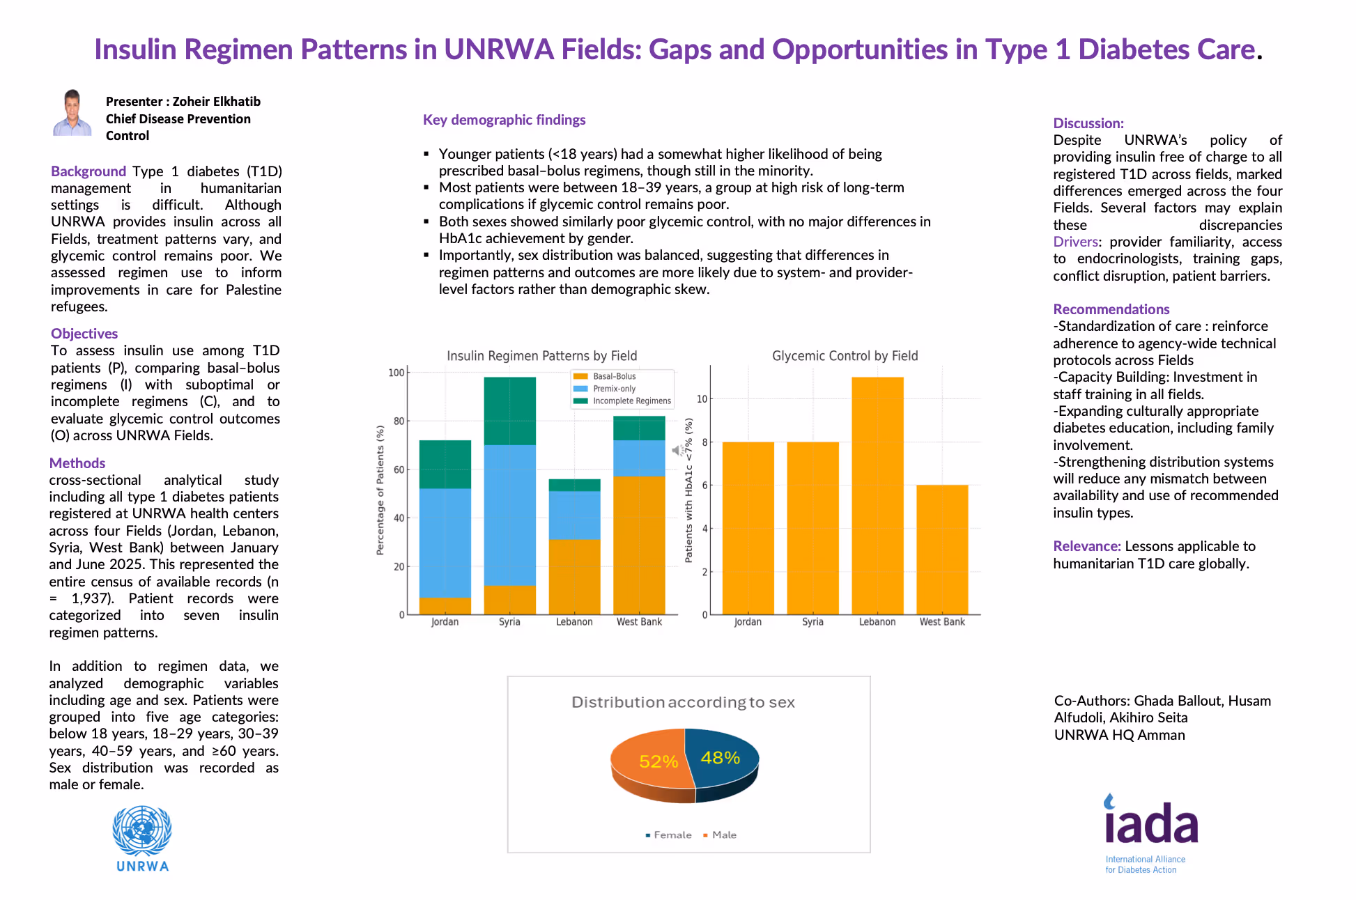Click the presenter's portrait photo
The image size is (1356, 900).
tap(72, 113)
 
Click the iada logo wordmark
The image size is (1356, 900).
tap(1151, 823)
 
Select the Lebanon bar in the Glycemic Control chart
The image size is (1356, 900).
tap(877, 495)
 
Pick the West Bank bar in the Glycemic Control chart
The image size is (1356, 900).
tap(942, 550)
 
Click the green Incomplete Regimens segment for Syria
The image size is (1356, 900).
tap(510, 411)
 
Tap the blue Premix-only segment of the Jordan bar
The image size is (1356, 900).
tap(445, 543)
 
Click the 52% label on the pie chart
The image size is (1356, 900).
tap(658, 761)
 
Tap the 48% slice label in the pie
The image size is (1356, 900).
tap(720, 757)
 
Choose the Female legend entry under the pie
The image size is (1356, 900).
tap(669, 835)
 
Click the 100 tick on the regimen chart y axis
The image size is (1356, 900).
tap(396, 373)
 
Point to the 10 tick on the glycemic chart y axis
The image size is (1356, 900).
tap(702, 399)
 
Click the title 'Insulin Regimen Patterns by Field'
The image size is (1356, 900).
tap(541, 356)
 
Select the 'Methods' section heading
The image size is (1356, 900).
tap(77, 463)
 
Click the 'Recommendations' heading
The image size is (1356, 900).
tap(1111, 309)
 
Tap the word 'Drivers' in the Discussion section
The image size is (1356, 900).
tap(1075, 242)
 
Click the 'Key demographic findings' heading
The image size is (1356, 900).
tap(504, 120)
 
